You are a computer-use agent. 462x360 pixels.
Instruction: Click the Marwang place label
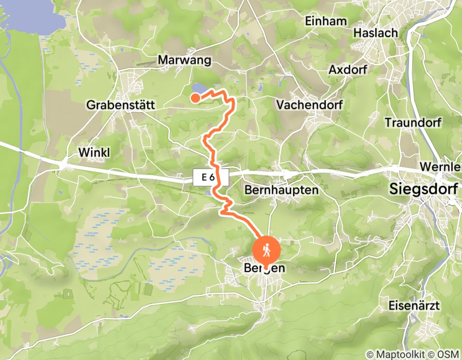point(185,60)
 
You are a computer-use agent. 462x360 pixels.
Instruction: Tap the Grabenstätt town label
point(120,105)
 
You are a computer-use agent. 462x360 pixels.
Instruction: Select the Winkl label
point(95,152)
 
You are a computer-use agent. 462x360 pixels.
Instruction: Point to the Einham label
point(326,22)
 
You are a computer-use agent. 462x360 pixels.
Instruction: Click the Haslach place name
point(376,33)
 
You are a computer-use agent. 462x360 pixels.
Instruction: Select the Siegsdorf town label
point(424,189)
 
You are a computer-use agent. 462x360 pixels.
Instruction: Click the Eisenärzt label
point(415,305)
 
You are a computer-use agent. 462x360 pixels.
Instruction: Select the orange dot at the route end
point(196,97)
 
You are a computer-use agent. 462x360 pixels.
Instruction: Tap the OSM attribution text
point(447,354)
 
